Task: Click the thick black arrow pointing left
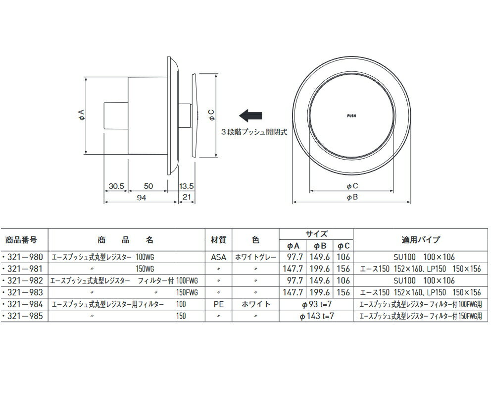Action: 250,115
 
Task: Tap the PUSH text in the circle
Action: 351,116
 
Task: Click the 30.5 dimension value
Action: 116,186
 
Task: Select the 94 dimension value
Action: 142,198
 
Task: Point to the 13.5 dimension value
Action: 186,186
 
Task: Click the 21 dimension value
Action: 187,197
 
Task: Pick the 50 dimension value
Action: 148,186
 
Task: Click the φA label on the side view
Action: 81,115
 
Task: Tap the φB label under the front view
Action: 352,197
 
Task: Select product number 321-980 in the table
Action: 23,257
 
